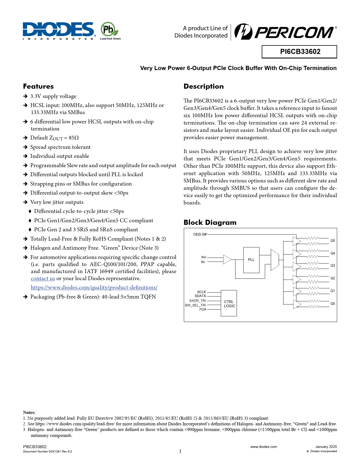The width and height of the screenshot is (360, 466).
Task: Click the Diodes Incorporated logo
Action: [x=58, y=31]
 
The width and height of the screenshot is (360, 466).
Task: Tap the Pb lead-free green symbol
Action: [x=110, y=30]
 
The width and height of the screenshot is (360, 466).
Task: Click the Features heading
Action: [x=38, y=86]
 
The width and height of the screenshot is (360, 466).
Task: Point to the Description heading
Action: [x=203, y=86]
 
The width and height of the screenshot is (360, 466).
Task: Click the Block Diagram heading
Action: [x=210, y=223]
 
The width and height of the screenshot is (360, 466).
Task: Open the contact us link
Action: [x=43, y=278]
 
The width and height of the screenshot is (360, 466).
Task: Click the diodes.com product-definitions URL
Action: [x=94, y=288]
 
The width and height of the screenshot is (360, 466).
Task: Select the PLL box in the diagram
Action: [x=251, y=260]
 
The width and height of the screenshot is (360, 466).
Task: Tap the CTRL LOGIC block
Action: [x=229, y=304]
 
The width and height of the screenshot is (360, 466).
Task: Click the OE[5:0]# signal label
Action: [x=200, y=234]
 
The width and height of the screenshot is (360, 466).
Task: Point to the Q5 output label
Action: [x=333, y=241]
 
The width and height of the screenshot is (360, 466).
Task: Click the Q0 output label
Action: [x=333, y=304]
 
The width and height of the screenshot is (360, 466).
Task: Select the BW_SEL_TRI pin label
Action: [x=195, y=305]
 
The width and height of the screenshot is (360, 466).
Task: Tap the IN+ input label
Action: [x=204, y=257]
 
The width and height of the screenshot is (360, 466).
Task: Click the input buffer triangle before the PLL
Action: [x=227, y=260]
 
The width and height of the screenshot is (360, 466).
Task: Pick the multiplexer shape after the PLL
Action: [x=274, y=260]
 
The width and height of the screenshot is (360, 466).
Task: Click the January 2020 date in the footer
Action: [x=326, y=447]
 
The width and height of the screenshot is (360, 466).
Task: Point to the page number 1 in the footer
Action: [x=180, y=451]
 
